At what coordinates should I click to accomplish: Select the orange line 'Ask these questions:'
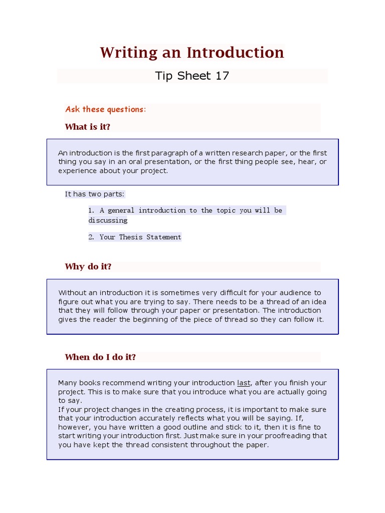[105, 109]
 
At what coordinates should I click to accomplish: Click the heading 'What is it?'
[87, 127]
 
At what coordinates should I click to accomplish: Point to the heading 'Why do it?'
[88, 267]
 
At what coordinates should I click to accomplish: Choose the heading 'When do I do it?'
[100, 357]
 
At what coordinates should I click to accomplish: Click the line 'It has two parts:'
[95, 194]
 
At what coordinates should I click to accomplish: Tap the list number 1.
[91, 210]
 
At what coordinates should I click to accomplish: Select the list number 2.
[91, 237]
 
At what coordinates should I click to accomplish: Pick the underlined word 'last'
[244, 383]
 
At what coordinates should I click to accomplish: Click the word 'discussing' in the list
[108, 220]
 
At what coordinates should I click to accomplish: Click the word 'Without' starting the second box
[72, 293]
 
